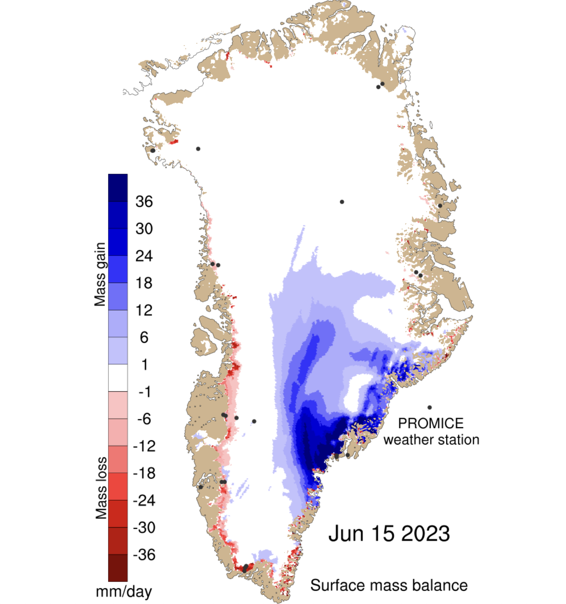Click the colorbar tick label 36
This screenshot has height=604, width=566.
(144, 202)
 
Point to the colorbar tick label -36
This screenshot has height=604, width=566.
(144, 555)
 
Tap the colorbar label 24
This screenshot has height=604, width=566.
(144, 256)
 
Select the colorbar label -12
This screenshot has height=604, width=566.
(144, 446)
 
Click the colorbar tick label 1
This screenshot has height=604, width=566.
(144, 365)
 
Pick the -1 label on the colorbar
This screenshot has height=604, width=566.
(144, 392)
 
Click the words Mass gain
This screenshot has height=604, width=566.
(100, 274)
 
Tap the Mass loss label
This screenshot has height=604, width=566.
(101, 488)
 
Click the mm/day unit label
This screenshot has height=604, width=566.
(124, 591)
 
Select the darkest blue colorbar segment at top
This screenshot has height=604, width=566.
(118, 188)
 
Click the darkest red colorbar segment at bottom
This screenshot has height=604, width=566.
(118, 568)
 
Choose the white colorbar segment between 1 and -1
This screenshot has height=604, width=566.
(118, 378)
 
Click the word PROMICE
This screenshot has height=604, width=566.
(431, 423)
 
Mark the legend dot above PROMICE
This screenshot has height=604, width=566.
(429, 407)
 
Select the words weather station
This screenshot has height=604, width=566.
(431, 440)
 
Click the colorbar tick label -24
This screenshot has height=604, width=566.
(144, 501)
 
